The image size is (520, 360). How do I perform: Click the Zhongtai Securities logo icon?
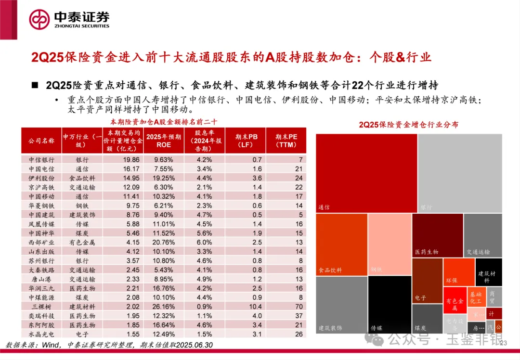[39, 19]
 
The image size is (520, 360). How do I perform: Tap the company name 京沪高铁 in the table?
[41, 187]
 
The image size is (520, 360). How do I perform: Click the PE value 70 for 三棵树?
[299, 306]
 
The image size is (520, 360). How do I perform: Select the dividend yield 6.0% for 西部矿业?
[204, 242]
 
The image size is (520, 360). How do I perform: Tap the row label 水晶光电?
[41, 334]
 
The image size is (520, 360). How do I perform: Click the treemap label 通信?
[324, 207]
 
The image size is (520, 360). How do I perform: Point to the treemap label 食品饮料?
[330, 270]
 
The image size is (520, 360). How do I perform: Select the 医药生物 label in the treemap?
[427, 252]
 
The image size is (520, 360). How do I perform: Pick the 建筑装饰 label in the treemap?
[330, 328]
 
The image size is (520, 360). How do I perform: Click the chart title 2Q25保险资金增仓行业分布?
[408, 125]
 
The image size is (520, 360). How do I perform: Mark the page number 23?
[504, 343]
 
